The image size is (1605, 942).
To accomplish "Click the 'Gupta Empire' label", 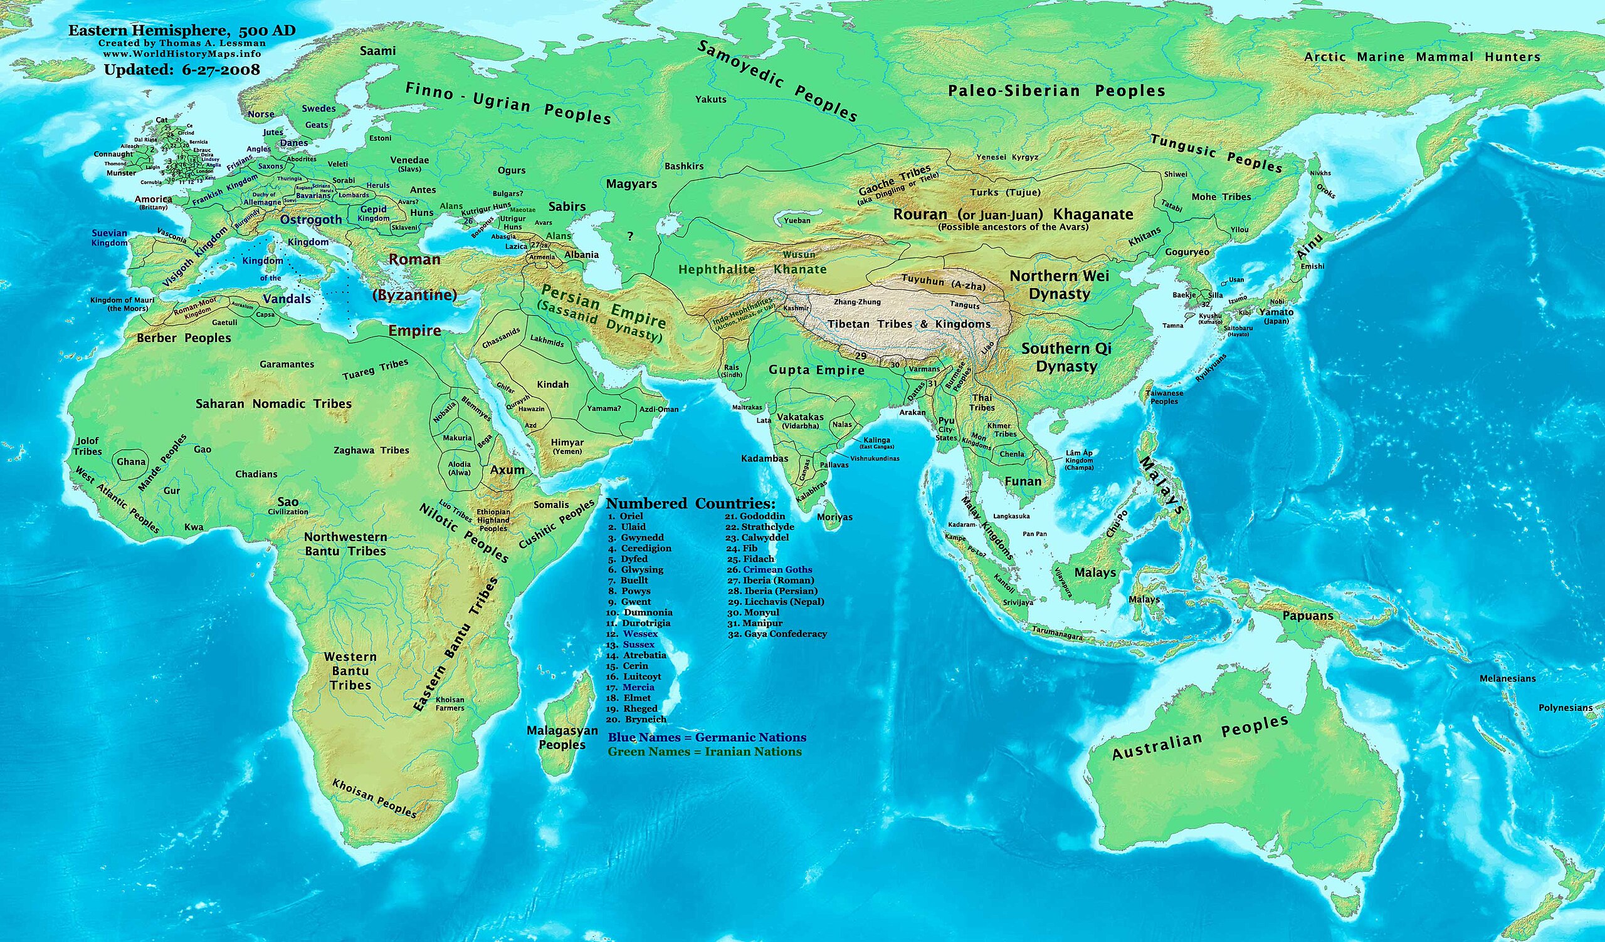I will point(816,370).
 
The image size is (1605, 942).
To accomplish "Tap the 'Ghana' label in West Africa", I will point(131,462).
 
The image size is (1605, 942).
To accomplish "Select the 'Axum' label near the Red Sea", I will point(507,470).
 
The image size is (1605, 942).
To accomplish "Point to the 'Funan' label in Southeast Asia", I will point(1022,482).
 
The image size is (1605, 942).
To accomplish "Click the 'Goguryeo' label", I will point(1187,252).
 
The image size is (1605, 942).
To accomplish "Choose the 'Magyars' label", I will point(631,184).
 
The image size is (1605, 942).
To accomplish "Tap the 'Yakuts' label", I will point(710,100).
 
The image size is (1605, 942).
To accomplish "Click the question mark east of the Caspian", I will point(630,236).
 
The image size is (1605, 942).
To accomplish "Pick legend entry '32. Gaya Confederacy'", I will point(777,634).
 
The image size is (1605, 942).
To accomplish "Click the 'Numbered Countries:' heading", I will point(690,504).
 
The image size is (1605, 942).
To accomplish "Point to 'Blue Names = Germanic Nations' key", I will point(707,738).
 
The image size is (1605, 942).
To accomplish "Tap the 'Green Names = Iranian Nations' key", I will point(705,752).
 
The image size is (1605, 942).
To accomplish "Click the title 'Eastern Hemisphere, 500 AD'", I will point(182,31).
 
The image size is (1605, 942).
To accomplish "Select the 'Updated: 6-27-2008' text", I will point(182,70).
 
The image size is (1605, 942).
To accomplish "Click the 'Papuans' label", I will point(1308,616).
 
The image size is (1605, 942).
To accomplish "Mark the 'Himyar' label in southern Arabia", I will point(567,443).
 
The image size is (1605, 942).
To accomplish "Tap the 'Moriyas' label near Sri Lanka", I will point(834,517).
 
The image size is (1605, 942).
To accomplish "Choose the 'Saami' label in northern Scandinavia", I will point(377,51).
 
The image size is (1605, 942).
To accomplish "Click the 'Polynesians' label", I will point(1565,708).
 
